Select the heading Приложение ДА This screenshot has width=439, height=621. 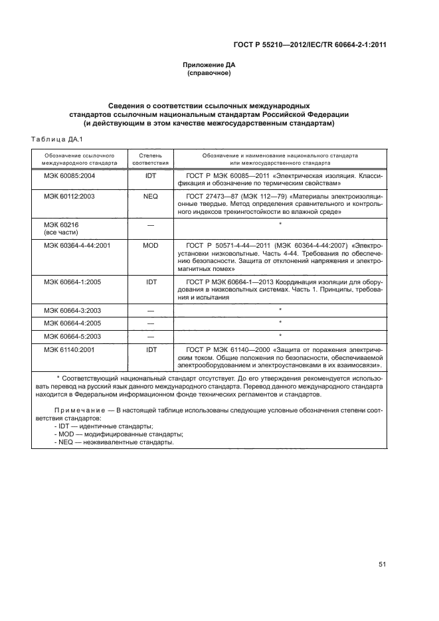click(x=209, y=65)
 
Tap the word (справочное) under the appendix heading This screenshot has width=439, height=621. click(x=209, y=73)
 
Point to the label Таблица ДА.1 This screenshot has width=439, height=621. click(x=56, y=139)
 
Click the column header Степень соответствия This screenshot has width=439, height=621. click(x=151, y=157)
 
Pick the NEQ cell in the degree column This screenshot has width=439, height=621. click(x=151, y=197)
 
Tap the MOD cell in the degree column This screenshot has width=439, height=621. click(x=151, y=245)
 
